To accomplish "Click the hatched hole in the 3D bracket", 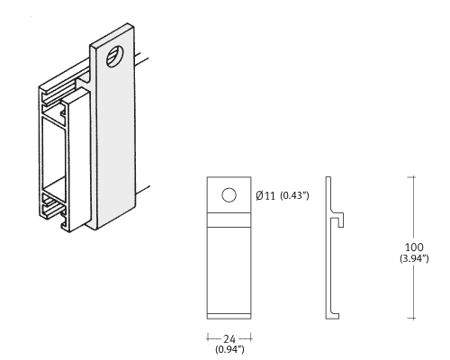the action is [x=115, y=57].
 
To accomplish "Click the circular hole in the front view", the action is [x=229, y=195].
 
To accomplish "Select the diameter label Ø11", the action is [x=265, y=195].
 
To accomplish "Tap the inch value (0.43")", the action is [x=294, y=195].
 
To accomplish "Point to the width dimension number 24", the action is [x=229, y=339].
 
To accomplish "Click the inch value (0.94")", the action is [x=229, y=349].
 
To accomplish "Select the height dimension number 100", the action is [x=414, y=247].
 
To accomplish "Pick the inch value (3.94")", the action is [x=414, y=258].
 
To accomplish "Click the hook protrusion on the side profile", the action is [x=339, y=220].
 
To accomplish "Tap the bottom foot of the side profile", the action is [x=333, y=316].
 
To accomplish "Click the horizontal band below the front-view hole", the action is [x=229, y=220].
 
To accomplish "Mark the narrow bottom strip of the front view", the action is [x=229, y=316].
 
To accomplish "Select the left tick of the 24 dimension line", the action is [x=207, y=338].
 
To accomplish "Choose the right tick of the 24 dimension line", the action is [x=251, y=338].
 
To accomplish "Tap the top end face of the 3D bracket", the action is [x=112, y=35].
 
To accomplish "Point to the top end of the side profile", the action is [x=328, y=177].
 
